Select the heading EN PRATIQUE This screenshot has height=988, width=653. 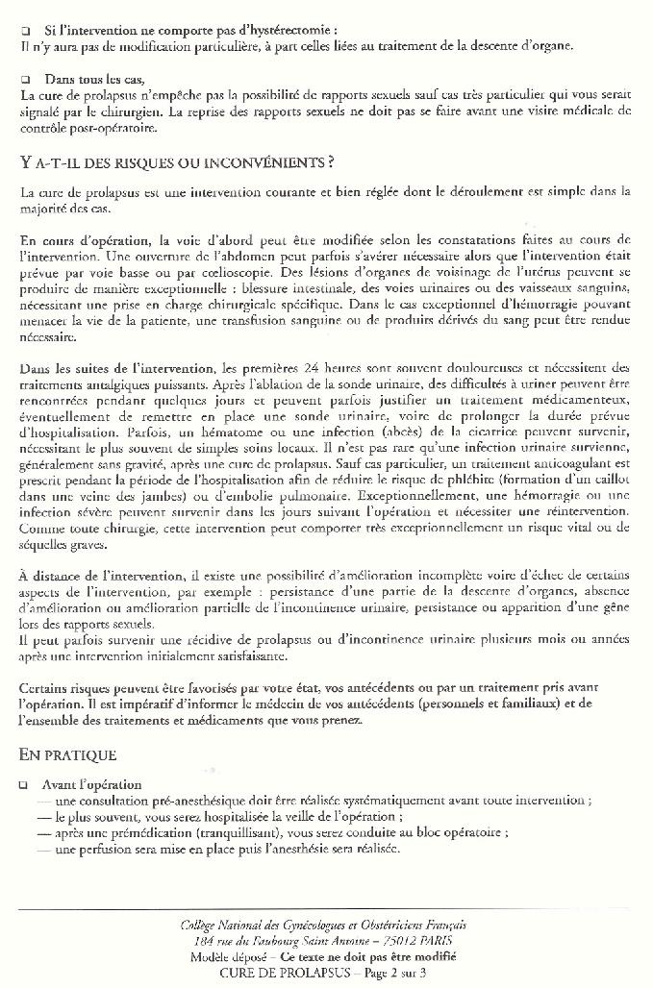(67, 754)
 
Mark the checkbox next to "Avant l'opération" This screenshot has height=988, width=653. (24, 785)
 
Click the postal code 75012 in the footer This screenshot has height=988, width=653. (389, 940)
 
